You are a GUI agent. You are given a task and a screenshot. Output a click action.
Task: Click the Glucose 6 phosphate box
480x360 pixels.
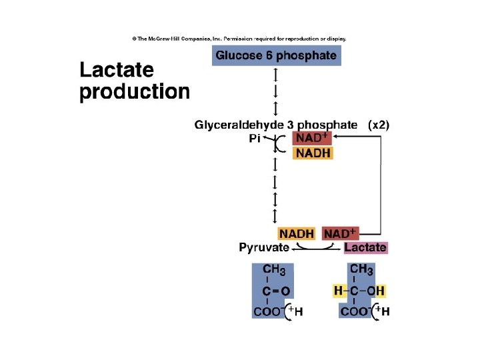coord(276,55)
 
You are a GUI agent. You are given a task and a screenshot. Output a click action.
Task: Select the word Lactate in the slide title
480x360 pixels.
coord(117,70)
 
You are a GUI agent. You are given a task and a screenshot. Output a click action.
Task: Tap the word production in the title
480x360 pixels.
coord(135,91)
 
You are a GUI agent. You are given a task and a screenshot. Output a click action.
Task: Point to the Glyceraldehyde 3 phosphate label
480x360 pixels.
coord(276,125)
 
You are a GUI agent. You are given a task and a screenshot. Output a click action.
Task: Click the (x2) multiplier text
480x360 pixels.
coord(379,125)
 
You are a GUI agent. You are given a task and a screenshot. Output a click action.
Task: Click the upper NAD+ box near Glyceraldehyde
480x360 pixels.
coord(311,139)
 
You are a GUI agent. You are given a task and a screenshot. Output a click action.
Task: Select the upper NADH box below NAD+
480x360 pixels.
coord(313,153)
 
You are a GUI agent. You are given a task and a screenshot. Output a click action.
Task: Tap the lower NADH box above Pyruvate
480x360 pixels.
coord(297,234)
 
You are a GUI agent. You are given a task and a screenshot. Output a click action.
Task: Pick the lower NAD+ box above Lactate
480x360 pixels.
coord(340,234)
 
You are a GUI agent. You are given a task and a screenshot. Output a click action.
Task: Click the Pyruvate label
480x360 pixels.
coord(264,248)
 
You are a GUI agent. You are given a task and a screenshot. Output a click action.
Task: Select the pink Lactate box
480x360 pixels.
coord(365,248)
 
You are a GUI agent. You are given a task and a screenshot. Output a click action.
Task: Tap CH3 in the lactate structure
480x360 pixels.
coord(361,270)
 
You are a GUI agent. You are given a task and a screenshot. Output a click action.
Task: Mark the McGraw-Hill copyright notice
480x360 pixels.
coord(239,39)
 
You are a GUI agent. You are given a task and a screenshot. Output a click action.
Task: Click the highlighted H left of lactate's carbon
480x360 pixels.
coord(338,291)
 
